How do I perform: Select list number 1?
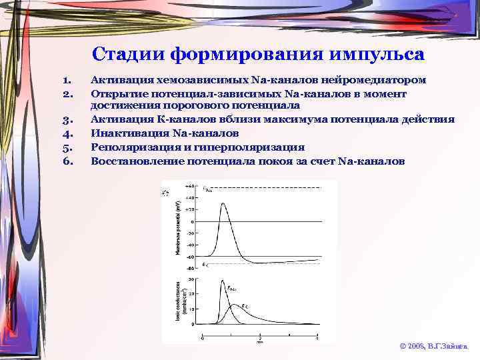coord(66,80)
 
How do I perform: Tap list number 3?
coord(66,120)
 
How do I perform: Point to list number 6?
coord(66,161)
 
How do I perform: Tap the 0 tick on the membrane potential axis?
coord(193,221)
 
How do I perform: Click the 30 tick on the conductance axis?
coord(191,279)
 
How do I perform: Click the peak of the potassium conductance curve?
coord(234,305)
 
